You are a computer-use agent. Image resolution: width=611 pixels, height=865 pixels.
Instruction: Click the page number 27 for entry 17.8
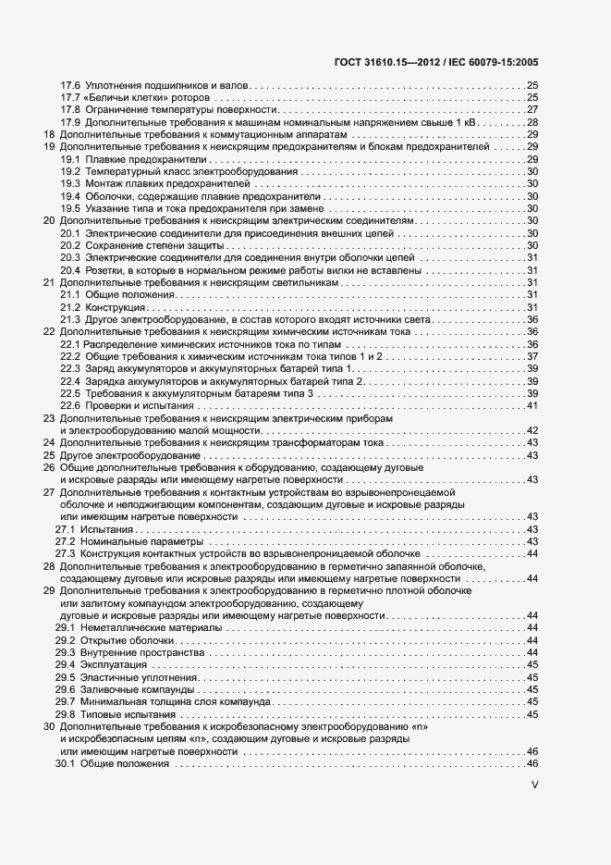(x=532, y=110)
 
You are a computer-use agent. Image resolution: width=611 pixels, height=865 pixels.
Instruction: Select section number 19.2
(x=70, y=171)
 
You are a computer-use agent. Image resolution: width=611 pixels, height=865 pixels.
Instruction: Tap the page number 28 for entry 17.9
(x=532, y=122)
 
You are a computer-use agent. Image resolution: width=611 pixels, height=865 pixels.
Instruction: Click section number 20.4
(x=70, y=270)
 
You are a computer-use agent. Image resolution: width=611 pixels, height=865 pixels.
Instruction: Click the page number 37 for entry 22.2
(x=532, y=356)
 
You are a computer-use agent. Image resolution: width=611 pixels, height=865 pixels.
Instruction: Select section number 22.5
(x=70, y=393)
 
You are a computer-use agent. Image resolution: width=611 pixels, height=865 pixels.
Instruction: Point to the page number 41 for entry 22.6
(x=532, y=406)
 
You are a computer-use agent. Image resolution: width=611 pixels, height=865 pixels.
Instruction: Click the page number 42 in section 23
(x=532, y=430)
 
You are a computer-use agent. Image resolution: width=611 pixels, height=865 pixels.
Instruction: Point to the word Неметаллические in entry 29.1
(x=125, y=627)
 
